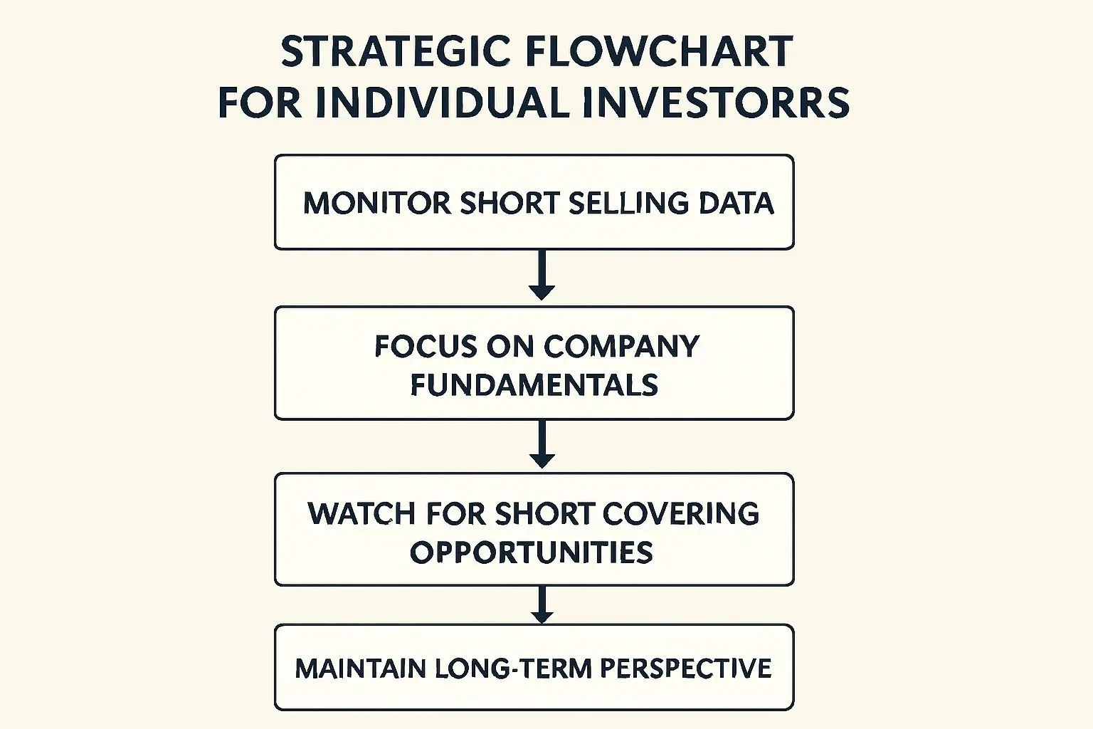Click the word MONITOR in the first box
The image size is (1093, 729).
click(x=377, y=203)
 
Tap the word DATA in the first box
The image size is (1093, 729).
click(x=736, y=203)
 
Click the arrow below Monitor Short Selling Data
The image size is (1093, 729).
click(x=542, y=275)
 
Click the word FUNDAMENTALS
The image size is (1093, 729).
click(x=534, y=384)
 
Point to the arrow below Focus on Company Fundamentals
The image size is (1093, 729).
click(x=542, y=444)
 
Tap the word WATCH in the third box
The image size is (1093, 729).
click(x=361, y=514)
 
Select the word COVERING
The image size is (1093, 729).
click(x=681, y=514)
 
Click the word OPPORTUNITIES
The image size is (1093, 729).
click(x=532, y=552)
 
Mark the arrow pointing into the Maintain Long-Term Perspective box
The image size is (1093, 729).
click(x=542, y=604)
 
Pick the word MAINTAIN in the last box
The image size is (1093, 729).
click(x=361, y=668)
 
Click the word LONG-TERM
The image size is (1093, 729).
click(x=512, y=668)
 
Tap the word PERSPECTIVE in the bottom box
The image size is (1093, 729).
click(x=685, y=668)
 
